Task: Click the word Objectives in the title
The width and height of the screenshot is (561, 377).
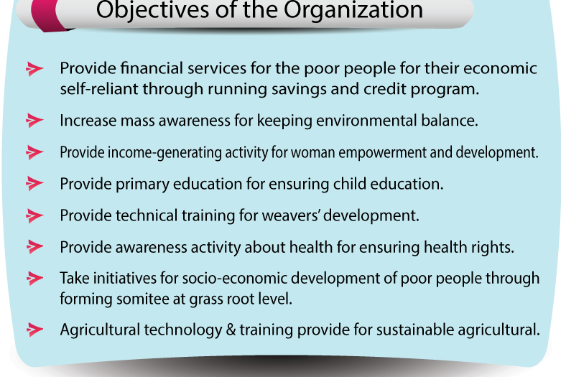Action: tap(152, 9)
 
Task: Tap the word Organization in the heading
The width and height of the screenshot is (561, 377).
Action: tap(353, 11)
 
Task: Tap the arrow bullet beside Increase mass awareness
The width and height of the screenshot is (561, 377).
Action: tap(34, 121)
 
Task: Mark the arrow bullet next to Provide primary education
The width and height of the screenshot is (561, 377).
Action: tap(34, 184)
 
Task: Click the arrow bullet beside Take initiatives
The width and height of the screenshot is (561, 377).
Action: tap(34, 279)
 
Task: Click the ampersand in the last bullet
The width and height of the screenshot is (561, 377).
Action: tap(231, 330)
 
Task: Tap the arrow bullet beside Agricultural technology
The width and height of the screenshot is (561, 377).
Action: tap(34, 330)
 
